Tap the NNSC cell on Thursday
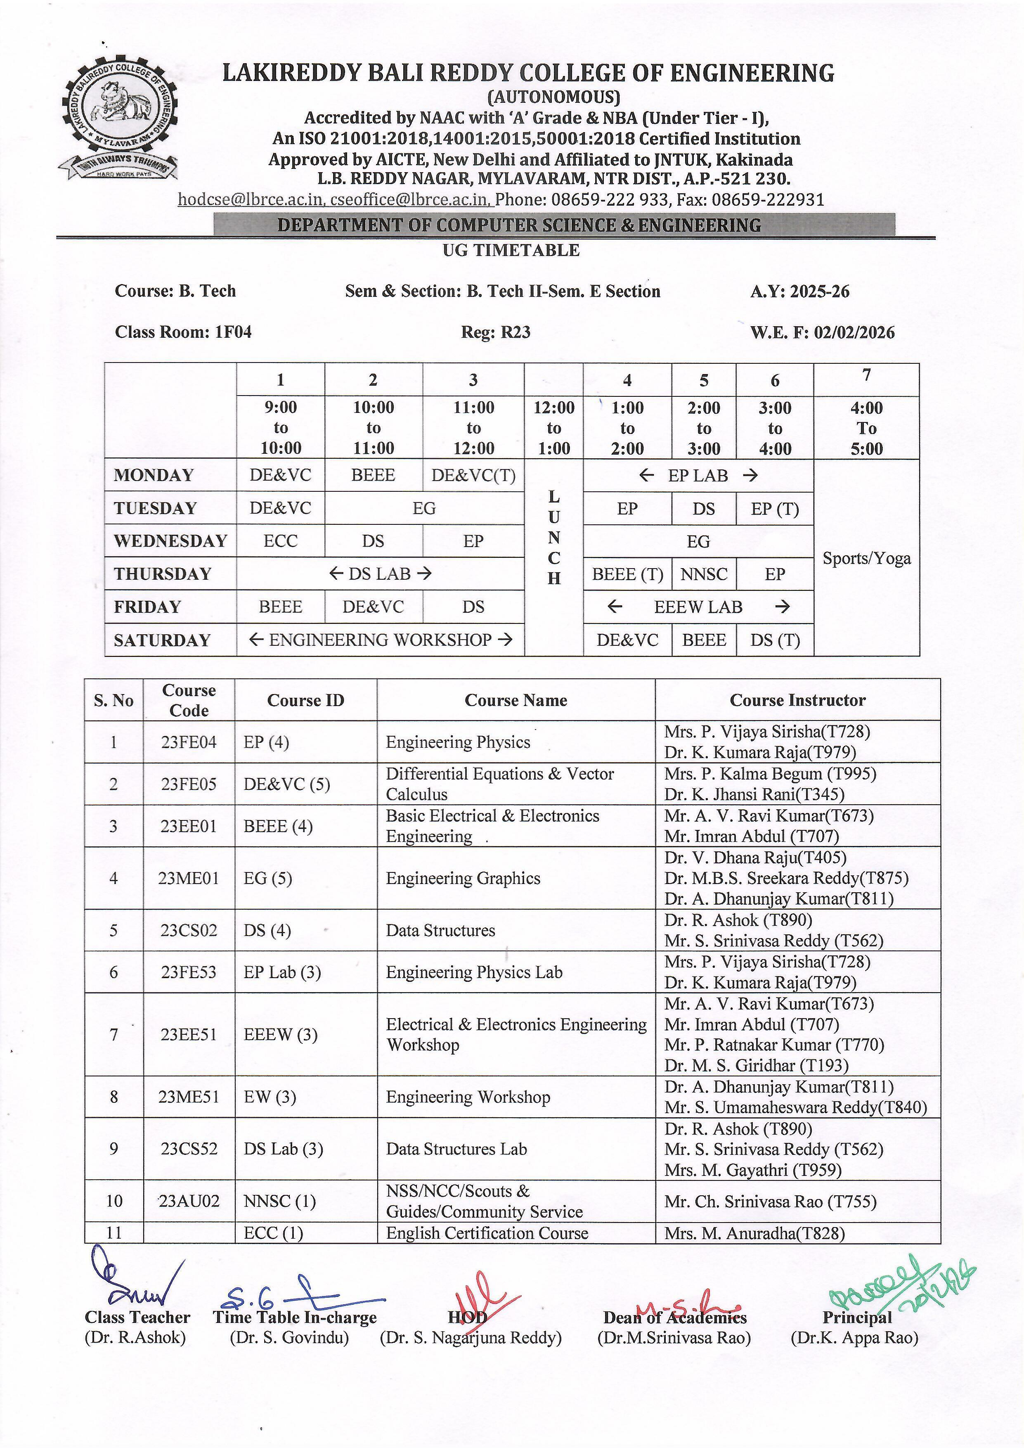(x=704, y=574)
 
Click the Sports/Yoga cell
(x=866, y=558)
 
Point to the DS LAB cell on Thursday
(x=380, y=574)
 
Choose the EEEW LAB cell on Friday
(x=698, y=607)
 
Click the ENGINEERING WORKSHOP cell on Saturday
(x=380, y=640)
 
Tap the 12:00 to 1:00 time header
(x=553, y=428)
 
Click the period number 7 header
(x=866, y=375)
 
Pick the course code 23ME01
(x=189, y=878)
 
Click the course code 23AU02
(x=189, y=1201)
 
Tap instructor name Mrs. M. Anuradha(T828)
(x=754, y=1233)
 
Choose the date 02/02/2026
(x=854, y=332)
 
